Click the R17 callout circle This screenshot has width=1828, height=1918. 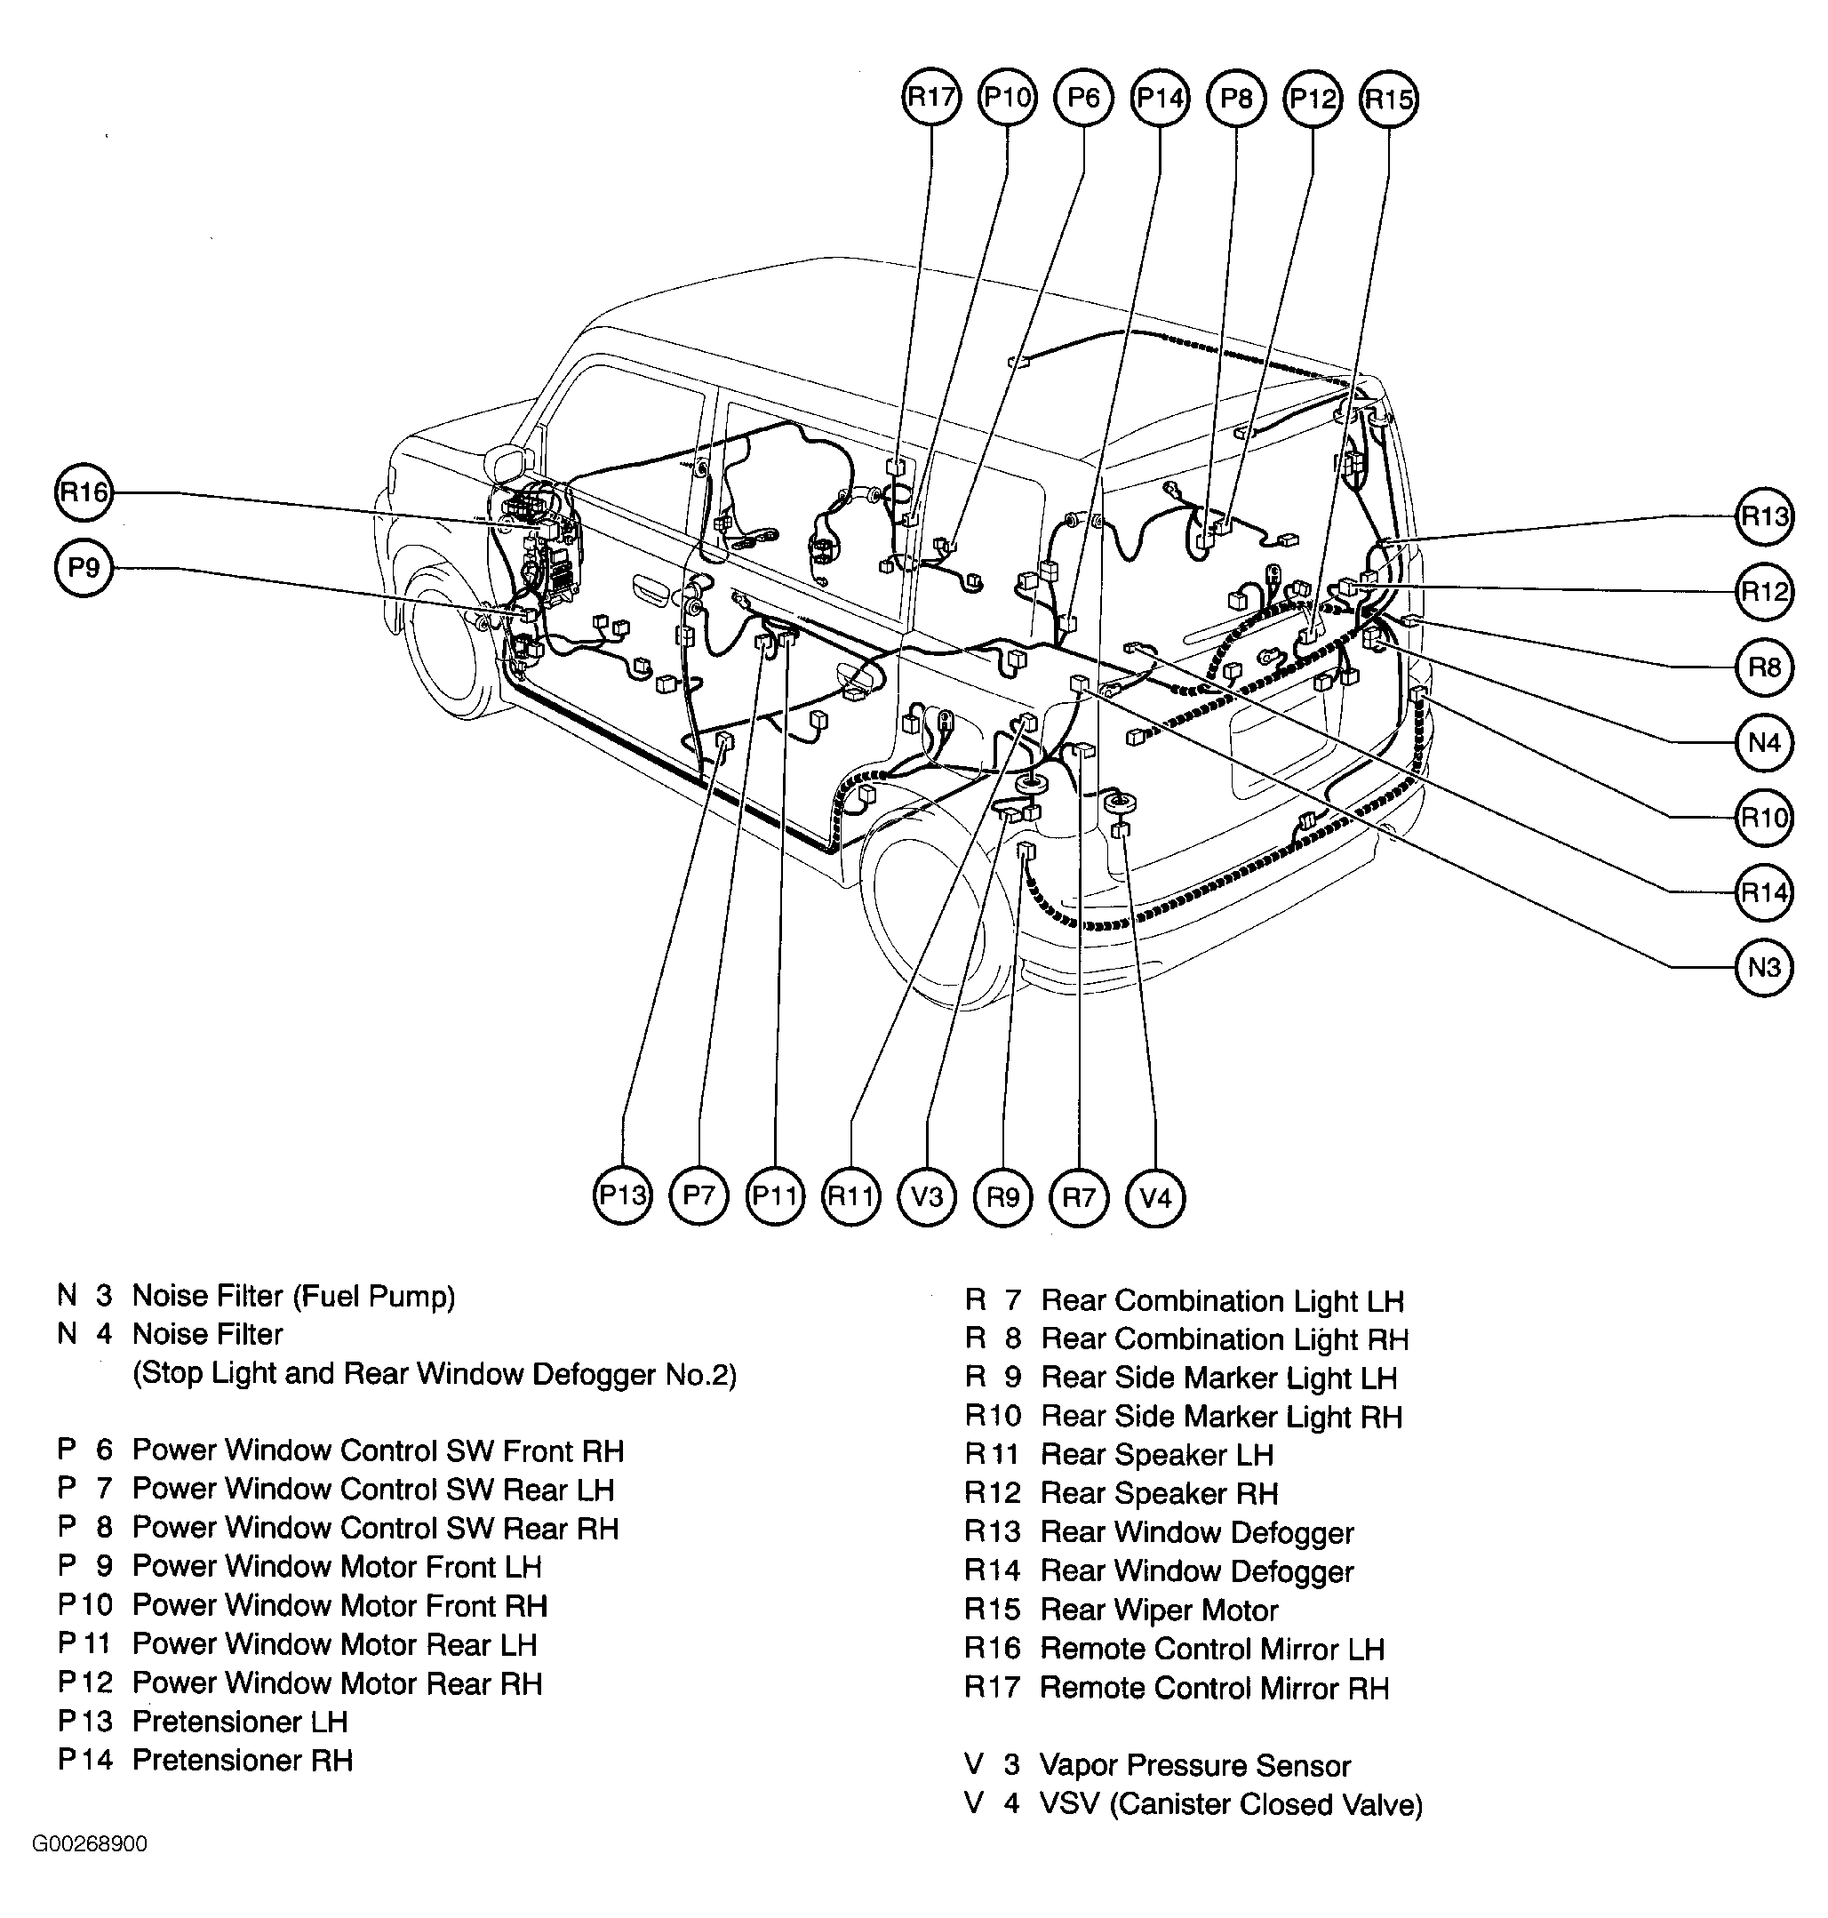pos(931,98)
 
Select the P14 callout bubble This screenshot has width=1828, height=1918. pos(1161,98)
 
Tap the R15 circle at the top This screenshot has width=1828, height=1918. pos(1388,99)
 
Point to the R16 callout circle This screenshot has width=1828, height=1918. pos(84,492)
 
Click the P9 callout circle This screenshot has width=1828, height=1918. pos(84,568)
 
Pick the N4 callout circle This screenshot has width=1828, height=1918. pos(1765,744)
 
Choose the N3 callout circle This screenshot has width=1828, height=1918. pos(1765,968)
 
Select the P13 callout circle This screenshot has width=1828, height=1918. pos(622,1195)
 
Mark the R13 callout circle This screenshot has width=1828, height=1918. pos(1765,516)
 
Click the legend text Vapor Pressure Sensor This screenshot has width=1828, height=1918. pos(1194,1766)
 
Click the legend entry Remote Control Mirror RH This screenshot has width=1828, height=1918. pos(1214,1689)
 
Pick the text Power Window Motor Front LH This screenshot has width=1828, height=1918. pos(336,1567)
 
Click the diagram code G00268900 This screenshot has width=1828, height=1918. pos(90,1845)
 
